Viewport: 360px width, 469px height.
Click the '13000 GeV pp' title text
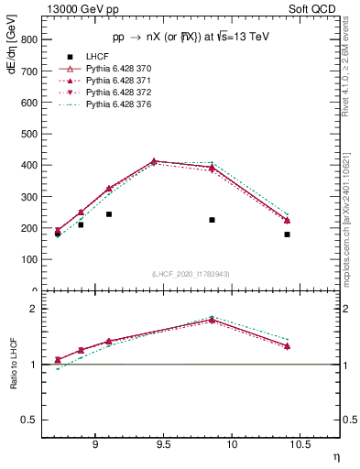80,9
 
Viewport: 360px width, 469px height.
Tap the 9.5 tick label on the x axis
164,446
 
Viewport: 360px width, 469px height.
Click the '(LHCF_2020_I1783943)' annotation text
190,274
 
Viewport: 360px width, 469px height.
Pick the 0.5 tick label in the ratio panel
29,420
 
